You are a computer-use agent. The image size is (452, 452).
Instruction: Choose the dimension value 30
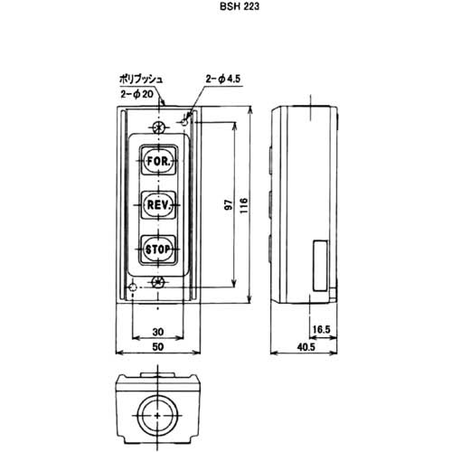(159, 331)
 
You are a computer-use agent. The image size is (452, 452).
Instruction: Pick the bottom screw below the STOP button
(159, 283)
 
